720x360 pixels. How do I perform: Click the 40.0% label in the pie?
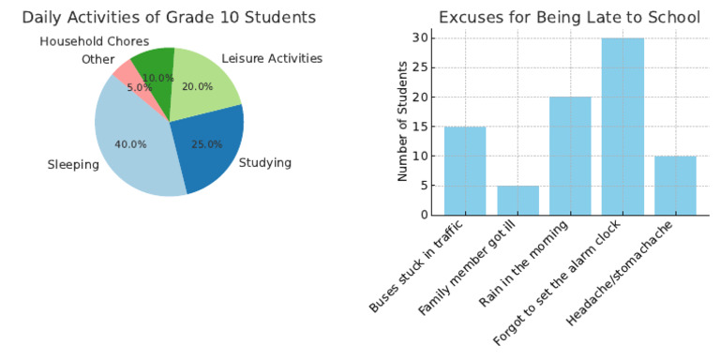tap(130, 144)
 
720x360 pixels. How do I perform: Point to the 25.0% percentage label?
tap(206, 144)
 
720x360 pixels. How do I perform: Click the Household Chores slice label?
tap(93, 41)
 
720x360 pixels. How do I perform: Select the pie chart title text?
tap(169, 18)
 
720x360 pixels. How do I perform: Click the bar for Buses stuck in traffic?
tap(465, 171)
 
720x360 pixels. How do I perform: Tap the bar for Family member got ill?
tap(517, 200)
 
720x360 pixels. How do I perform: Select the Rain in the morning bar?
tap(570, 156)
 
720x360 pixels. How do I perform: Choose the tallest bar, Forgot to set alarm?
tap(622, 127)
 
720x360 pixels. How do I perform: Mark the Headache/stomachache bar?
tap(675, 185)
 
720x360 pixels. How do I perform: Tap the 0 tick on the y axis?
tap(425, 215)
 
